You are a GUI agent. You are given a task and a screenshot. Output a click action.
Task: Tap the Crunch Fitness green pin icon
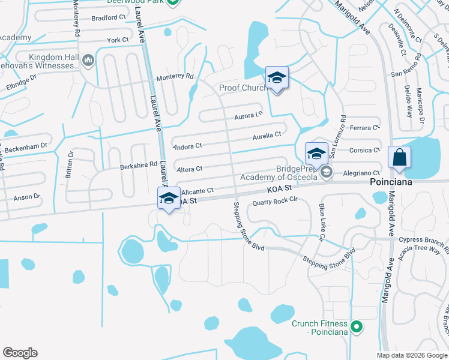tap(357, 327)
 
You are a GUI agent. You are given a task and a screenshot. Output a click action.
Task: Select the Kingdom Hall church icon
tap(88, 60)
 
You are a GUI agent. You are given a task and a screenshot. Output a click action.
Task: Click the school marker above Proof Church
tap(277, 78)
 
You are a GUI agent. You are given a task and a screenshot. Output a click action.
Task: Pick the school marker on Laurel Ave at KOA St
tap(169, 198)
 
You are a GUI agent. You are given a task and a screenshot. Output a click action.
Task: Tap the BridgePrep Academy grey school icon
tap(327, 173)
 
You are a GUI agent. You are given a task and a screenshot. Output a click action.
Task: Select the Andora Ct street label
tap(187, 146)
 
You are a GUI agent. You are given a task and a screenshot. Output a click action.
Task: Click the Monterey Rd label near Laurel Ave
tap(175, 77)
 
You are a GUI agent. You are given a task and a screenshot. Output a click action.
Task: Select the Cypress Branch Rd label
tap(423, 241)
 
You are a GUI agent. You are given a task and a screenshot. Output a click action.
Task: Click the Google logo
tap(20, 353)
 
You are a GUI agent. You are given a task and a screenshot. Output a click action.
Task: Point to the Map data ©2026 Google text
tap(411, 355)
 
